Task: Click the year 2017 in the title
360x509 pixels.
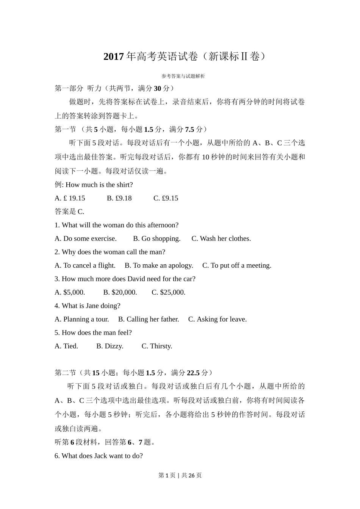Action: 114,57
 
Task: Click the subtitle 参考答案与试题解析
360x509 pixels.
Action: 183,76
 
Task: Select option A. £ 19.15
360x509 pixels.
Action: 70,198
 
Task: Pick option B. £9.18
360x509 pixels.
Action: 119,198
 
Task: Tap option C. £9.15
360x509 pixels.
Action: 166,198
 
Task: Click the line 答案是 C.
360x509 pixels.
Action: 69,211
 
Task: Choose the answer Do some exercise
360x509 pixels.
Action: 86,239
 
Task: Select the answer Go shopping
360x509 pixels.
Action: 157,239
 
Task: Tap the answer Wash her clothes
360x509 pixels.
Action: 221,239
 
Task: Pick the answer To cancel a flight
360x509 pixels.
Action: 85,265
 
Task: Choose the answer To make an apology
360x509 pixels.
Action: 159,265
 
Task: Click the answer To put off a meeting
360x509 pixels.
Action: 237,265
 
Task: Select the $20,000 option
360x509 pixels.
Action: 120,292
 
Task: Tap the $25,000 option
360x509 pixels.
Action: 169,292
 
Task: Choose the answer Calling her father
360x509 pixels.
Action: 149,319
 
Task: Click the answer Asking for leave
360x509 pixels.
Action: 218,319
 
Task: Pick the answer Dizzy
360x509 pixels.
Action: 110,346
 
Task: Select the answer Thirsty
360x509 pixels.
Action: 157,346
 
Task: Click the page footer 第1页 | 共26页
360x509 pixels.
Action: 180,475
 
